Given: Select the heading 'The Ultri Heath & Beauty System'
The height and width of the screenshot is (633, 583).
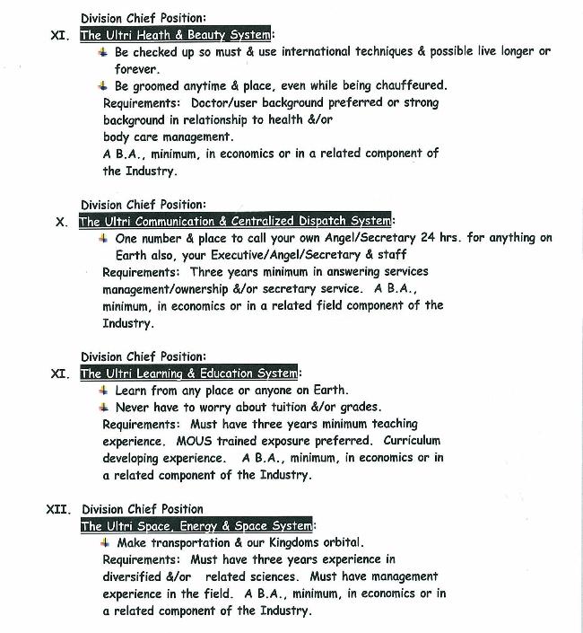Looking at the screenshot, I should (176, 35).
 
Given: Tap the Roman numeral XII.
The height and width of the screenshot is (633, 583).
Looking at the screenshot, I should (59, 509).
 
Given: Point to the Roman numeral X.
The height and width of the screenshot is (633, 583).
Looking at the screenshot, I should (61, 222).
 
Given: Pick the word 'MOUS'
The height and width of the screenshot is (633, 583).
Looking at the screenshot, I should (194, 441).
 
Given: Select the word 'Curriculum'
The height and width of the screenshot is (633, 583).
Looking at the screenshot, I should (412, 441).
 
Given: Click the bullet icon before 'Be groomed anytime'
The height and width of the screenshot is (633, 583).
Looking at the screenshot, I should (104, 85).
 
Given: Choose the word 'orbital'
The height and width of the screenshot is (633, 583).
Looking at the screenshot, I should (335, 542).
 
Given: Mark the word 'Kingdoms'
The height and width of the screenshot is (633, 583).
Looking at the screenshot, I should (276, 542).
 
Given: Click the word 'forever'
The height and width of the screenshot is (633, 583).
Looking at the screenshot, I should (135, 68).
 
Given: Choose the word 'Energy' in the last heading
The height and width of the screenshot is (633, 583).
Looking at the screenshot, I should (204, 526).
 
